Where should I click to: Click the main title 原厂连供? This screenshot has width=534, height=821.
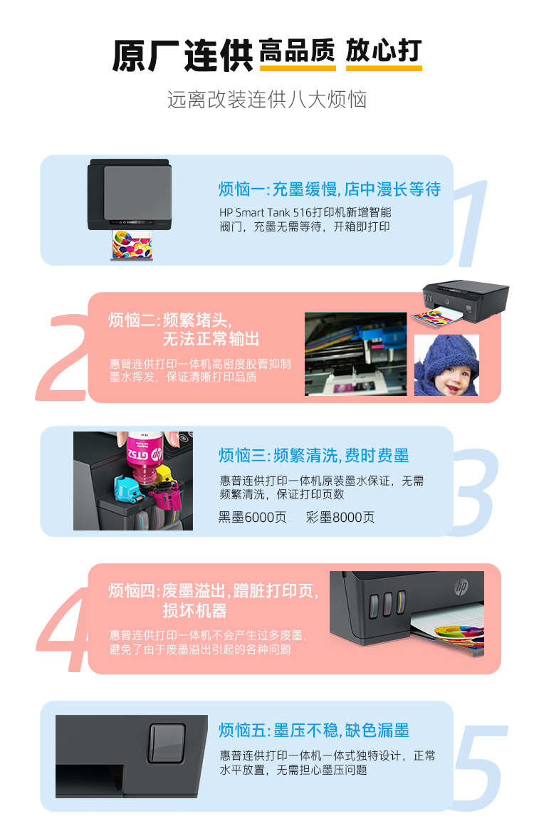pos(182,55)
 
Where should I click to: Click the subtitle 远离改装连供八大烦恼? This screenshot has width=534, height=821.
pos(267,100)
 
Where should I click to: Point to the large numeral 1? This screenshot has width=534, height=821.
pos(472,223)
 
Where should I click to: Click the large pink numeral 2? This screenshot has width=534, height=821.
pos(63,357)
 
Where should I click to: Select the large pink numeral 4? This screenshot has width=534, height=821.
pos(63,628)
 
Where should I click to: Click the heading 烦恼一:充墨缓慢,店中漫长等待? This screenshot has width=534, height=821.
pos(329,189)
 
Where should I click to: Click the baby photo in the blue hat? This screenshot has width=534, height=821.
pos(446,365)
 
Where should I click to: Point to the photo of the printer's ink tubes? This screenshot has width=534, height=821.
pos(355,354)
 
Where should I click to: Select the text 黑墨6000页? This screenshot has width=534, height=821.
pos(252,518)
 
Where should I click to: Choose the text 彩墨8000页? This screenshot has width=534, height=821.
pos(340,518)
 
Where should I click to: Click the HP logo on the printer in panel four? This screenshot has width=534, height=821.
pos(461,587)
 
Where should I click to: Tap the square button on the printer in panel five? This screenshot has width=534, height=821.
pos(167,743)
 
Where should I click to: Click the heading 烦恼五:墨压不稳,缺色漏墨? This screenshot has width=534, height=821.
pos(313,730)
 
